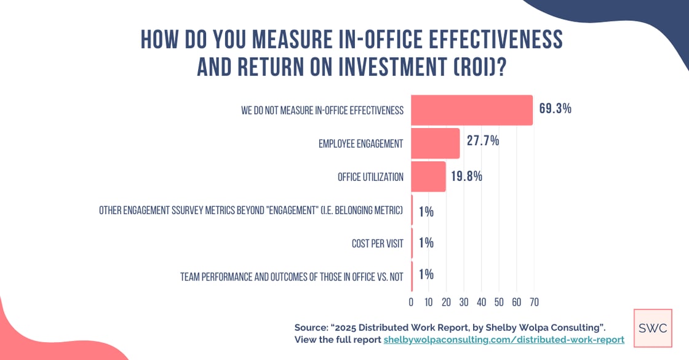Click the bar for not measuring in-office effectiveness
(471, 110)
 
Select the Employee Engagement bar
(435, 143)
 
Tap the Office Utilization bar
(428, 177)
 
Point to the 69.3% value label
(556, 109)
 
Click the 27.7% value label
(483, 141)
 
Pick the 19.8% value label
(466, 177)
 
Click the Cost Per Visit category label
(377, 244)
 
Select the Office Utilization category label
(370, 177)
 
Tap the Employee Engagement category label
(360, 144)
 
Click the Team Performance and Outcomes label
(292, 277)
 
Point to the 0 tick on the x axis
(411, 302)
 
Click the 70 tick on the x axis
(533, 302)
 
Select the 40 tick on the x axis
(481, 302)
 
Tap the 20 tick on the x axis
(446, 302)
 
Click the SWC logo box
(653, 328)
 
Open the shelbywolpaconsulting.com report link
(504, 340)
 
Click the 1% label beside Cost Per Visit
(426, 243)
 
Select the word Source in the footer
(312, 327)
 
